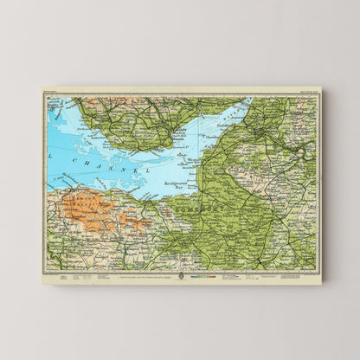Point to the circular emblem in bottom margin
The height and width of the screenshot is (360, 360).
(x=180, y=276)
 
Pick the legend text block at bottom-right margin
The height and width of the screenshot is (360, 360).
(x=260, y=277)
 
